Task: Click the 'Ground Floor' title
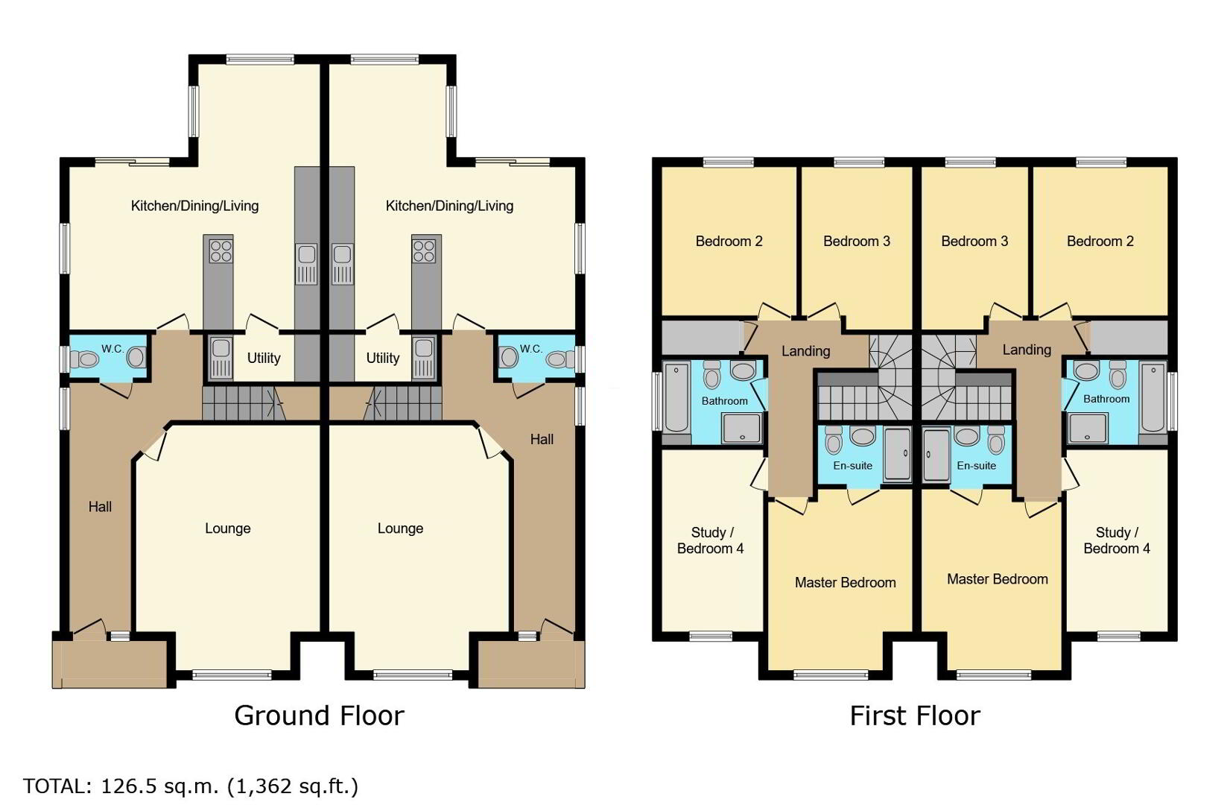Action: click(319, 716)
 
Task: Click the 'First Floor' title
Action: click(915, 716)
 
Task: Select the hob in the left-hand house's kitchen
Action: click(221, 251)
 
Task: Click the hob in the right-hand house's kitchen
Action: click(425, 251)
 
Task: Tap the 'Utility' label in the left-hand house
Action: click(264, 359)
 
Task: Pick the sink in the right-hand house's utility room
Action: click(424, 357)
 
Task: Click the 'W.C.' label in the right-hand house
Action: click(531, 348)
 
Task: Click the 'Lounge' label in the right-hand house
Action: click(400, 528)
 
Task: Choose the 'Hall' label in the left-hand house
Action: click(100, 507)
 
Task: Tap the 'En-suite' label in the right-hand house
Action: click(976, 466)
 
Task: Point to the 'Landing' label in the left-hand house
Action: click(805, 351)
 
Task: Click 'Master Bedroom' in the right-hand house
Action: click(997, 579)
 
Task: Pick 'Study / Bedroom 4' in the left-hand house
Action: click(711, 540)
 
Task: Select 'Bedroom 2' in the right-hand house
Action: click(1100, 241)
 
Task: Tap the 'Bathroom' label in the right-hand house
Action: click(1106, 399)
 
